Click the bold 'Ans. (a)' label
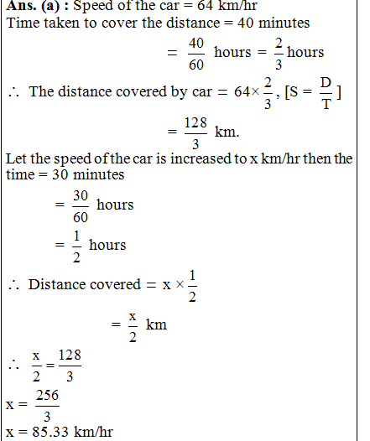point(32,6)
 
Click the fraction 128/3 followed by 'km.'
point(194,132)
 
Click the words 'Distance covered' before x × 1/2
point(84,284)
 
